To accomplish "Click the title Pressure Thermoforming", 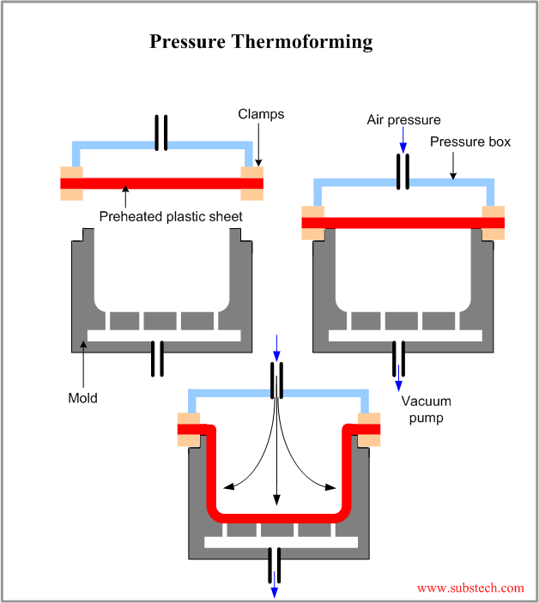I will pos(261,41).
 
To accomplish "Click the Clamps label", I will pos(261,114).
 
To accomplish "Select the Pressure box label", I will pos(469,142).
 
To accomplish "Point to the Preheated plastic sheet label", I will pos(171,217).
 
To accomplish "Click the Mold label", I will pos(82,398).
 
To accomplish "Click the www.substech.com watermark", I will pos(469,588).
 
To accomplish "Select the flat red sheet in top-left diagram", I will pos(161,184).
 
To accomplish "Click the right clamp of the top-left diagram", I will pos(251,184).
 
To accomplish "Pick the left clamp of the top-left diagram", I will pos(71,184).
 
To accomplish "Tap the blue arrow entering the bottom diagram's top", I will pos(276,347).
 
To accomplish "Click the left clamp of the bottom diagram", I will pos(189,430).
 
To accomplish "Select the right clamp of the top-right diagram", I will pos(494,223).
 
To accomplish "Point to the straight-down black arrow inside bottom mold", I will pos(276,463).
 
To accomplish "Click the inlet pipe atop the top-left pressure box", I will pos(160,131).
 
